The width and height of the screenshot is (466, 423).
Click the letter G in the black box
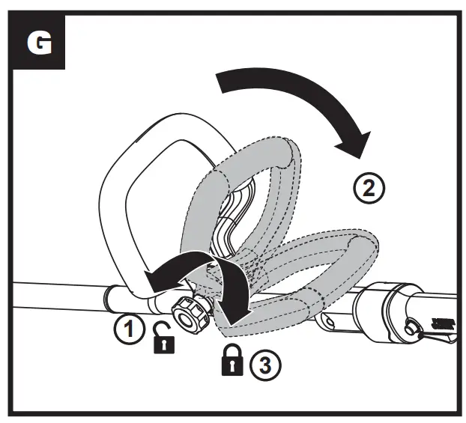point(40,43)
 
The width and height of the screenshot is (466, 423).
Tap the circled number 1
point(129,329)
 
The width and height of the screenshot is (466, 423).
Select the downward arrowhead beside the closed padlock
point(237,315)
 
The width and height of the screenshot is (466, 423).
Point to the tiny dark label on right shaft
point(442,323)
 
